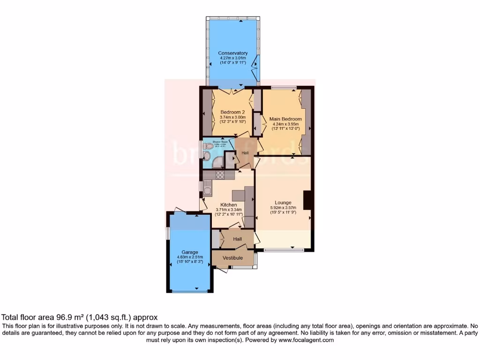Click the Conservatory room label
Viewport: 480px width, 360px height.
[x=233, y=53]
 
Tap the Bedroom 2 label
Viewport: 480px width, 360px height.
[x=233, y=112]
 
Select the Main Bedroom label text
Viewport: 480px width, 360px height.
[x=285, y=119]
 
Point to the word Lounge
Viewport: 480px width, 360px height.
[x=283, y=202]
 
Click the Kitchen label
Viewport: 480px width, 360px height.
[x=228, y=205]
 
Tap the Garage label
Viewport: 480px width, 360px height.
[x=190, y=252]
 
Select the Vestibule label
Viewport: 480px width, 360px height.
[x=232, y=258]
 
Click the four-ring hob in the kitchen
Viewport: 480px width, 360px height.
[x=220, y=175]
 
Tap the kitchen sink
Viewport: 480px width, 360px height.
[x=206, y=187]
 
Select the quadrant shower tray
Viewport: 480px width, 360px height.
[x=217, y=162]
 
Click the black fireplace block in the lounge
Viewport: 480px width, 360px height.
[x=307, y=200]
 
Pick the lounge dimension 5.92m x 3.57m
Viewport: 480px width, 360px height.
[x=283, y=208]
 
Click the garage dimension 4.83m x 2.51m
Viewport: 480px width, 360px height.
[x=190, y=257]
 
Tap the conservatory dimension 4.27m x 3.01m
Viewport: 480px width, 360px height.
[x=233, y=58]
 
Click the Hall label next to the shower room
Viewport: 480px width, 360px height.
[x=245, y=153]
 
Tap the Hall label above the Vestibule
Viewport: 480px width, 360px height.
[x=238, y=239]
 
